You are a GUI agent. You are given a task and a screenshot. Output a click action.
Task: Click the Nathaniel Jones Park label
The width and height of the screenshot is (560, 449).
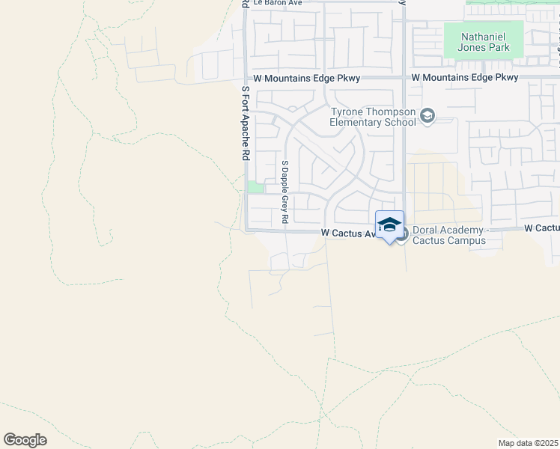(485, 41)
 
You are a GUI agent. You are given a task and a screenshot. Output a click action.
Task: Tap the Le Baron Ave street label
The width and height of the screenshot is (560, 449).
(277, 2)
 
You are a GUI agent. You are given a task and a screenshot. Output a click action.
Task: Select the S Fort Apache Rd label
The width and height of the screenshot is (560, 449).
(245, 123)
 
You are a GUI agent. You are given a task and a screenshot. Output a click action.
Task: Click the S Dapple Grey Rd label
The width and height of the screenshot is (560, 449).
(284, 192)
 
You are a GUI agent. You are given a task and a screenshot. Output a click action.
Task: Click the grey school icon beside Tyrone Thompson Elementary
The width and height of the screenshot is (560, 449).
(427, 115)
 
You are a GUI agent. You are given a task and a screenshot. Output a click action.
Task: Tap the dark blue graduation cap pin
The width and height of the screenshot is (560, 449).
(389, 225)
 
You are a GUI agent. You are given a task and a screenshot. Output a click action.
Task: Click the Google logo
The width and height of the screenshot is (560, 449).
(25, 440)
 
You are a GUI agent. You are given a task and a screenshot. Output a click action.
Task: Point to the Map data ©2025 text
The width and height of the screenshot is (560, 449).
(529, 443)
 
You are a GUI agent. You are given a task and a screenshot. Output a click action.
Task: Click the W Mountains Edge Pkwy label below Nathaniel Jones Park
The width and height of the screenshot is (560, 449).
(465, 78)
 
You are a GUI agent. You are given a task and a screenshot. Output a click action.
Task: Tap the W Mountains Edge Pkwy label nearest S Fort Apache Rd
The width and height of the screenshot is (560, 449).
(307, 79)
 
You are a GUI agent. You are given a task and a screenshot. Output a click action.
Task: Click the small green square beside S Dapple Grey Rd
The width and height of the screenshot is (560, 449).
(256, 187)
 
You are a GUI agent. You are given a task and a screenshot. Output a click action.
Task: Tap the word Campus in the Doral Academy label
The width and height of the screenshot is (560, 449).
(467, 240)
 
